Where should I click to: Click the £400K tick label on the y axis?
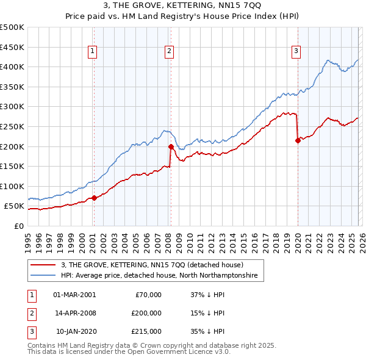click(12, 67)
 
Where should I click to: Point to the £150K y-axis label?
click(12, 166)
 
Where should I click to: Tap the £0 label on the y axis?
click(18, 226)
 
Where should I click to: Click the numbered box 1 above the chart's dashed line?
click(92, 52)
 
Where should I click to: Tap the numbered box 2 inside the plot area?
click(168, 52)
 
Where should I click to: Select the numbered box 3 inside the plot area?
click(296, 52)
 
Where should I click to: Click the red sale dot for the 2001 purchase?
click(94, 198)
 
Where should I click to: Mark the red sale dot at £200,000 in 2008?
click(171, 146)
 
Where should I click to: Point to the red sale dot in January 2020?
click(298, 140)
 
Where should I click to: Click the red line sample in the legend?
click(43, 265)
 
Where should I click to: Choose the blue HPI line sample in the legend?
click(43, 276)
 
